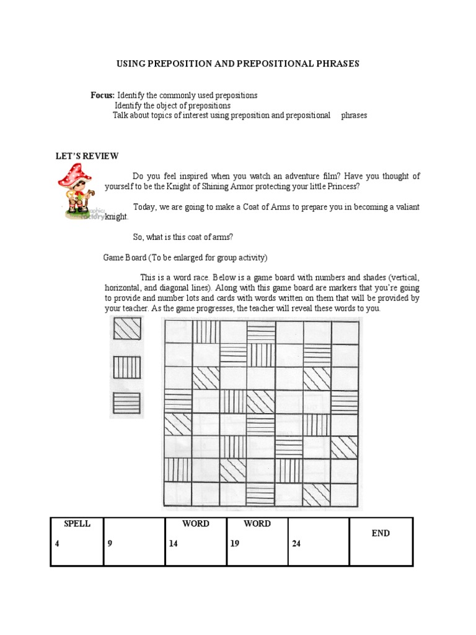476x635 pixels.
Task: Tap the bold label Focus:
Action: click(x=103, y=95)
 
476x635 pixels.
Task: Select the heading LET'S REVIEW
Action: click(x=87, y=156)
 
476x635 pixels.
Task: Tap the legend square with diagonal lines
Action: click(x=127, y=328)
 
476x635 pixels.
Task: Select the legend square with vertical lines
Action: click(x=127, y=368)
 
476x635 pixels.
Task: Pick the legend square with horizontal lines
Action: click(x=127, y=404)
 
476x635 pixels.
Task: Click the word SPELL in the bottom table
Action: click(x=77, y=524)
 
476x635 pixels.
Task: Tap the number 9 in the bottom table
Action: click(x=110, y=544)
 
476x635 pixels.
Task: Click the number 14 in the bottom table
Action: click(x=174, y=544)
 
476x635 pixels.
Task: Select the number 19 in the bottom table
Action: click(x=235, y=544)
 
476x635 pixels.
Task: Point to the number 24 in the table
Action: click(x=296, y=544)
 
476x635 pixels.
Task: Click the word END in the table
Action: click(x=381, y=533)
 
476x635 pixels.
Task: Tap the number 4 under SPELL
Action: click(x=57, y=544)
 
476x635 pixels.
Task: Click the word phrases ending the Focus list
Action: click(x=354, y=115)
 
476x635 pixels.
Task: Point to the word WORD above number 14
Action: click(x=196, y=524)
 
